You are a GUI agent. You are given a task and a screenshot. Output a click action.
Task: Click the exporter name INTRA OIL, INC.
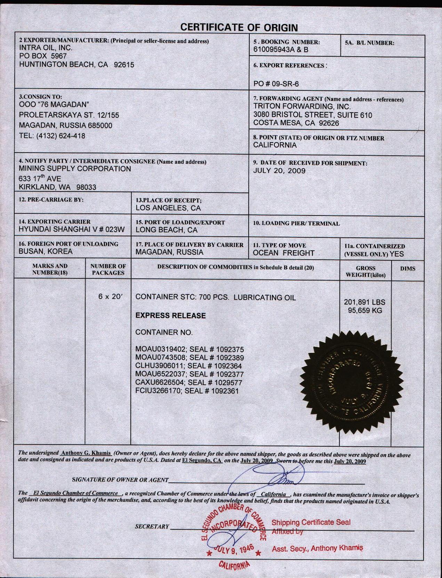46,48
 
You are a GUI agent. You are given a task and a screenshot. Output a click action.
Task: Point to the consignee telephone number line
52,136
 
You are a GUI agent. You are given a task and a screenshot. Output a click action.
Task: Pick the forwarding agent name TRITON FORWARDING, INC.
302,107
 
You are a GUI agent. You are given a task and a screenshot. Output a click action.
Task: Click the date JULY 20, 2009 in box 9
279,171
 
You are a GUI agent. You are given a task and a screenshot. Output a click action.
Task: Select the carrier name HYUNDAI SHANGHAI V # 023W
72,229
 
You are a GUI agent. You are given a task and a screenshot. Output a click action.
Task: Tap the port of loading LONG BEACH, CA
166,230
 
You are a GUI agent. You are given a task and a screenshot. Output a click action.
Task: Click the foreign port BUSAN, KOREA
46,251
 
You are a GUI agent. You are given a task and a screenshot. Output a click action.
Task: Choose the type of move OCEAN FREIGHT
283,253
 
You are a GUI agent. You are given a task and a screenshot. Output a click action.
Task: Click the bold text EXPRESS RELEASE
170,316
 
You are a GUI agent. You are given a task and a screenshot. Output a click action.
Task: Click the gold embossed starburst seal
348,380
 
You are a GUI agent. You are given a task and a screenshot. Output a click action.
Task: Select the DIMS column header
407,269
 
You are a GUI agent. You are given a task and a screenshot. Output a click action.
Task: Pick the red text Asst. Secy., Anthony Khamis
317,548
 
